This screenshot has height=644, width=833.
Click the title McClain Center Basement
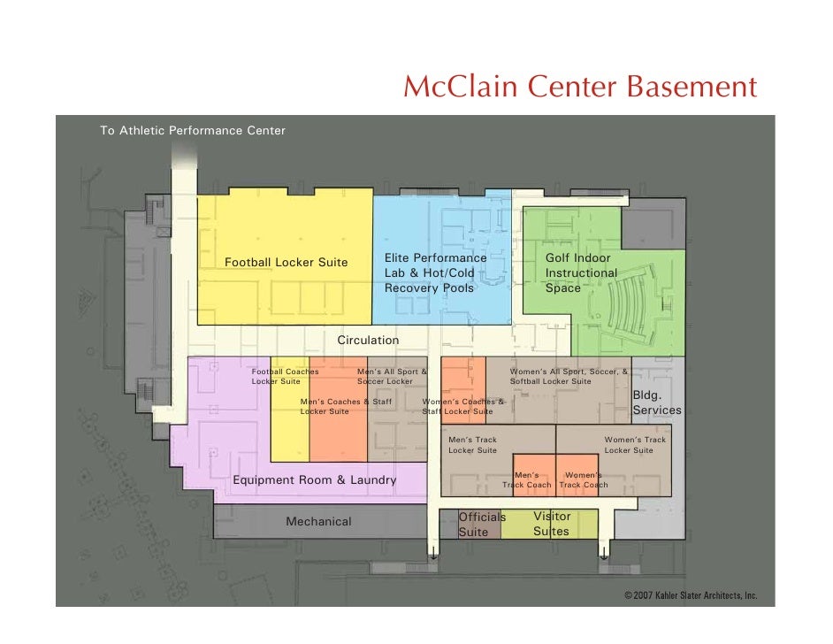[x=579, y=88]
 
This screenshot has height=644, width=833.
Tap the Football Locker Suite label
[x=286, y=263]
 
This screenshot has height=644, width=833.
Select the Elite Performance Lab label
[x=435, y=272]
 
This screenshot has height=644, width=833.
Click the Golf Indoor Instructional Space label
[x=581, y=272]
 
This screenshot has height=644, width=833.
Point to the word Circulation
[x=368, y=340]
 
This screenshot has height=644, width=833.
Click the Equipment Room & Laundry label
[x=314, y=480]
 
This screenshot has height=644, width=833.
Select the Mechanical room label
[x=318, y=522]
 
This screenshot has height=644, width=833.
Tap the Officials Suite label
[x=482, y=524]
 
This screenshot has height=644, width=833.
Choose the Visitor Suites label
[x=552, y=524]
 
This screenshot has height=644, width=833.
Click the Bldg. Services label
[x=657, y=402]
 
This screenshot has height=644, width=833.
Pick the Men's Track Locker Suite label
[x=472, y=445]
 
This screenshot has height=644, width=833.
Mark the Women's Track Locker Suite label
[x=635, y=445]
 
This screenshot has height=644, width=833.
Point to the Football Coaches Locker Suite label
[x=284, y=377]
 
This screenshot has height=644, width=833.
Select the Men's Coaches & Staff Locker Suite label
[x=345, y=406]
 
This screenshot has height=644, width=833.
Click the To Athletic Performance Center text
[x=193, y=131]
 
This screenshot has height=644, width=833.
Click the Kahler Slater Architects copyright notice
[x=691, y=595]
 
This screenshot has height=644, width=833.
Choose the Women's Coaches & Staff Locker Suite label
[x=462, y=406]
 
